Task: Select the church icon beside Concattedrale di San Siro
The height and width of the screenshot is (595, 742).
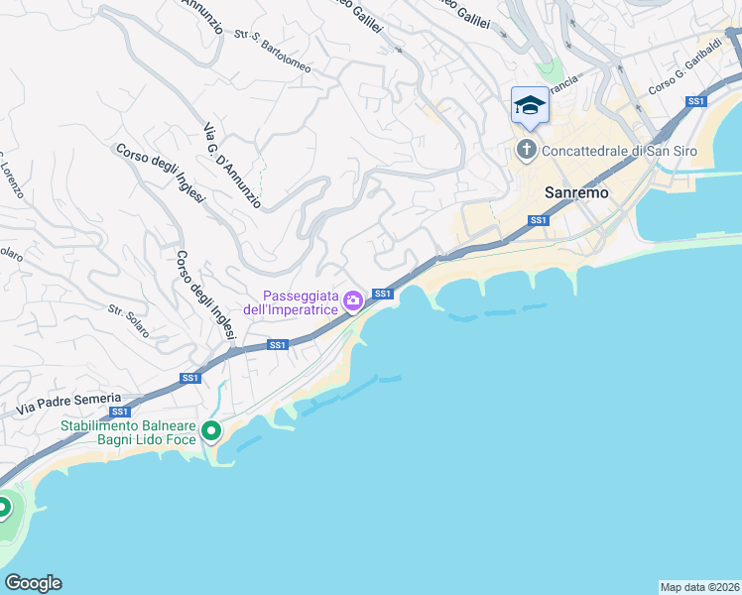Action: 526,152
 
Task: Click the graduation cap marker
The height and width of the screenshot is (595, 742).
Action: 529,106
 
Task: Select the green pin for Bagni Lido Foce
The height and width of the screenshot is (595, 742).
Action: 210,431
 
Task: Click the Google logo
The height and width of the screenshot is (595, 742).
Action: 33,583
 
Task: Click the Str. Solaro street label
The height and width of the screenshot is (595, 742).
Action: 129,321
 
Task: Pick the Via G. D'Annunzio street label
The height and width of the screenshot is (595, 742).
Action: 231,165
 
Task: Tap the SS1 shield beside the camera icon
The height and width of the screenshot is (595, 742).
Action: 383,294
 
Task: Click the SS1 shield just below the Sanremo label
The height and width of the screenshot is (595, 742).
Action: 538,220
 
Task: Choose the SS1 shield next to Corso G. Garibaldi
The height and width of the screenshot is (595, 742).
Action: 696,101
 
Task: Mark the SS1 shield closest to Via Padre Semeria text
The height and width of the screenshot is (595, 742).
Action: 120,412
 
